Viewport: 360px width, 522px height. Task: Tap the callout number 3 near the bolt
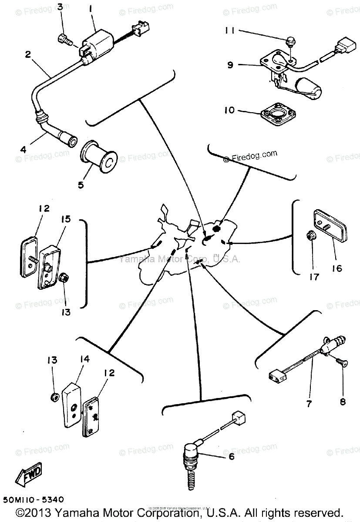[x=60, y=7]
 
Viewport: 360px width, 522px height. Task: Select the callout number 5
[x=81, y=185]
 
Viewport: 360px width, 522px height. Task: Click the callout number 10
[x=229, y=110]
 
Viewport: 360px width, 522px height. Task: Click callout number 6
[x=231, y=456]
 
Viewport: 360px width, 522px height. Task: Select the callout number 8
[x=343, y=402]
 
